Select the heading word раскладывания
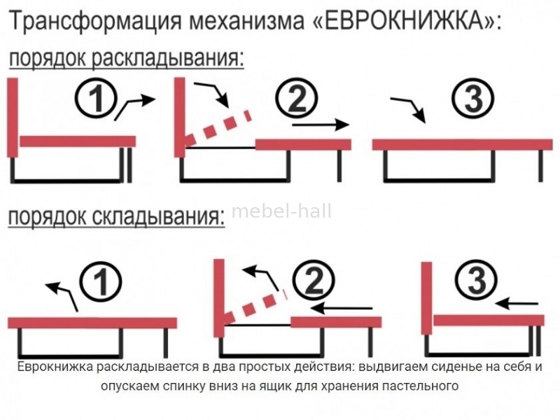168,58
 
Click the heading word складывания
159,216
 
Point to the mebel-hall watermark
282,211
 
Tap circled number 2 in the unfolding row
297,99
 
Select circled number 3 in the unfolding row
473,99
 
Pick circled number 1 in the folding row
101,282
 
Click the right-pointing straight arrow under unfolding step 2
321,125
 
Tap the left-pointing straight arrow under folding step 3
517,304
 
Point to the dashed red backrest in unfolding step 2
218,129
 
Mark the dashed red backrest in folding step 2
255,306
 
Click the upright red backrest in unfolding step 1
13,118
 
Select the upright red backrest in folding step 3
427,298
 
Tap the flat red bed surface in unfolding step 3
462,145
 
